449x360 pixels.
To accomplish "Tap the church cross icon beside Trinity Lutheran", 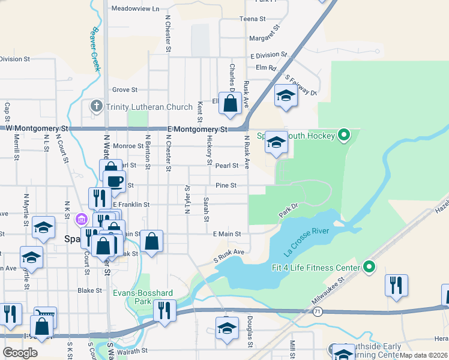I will click(96, 107).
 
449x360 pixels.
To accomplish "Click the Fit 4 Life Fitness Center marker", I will click(369, 267).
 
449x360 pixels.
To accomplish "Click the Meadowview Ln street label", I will click(136, 9).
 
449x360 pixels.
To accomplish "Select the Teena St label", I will click(253, 19).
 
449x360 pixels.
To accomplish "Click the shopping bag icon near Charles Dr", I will click(230, 104).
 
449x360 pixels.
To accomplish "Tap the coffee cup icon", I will click(114, 181).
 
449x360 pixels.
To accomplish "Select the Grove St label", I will click(125, 90).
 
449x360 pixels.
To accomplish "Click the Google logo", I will click(20, 352).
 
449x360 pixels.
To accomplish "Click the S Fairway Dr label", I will click(301, 85).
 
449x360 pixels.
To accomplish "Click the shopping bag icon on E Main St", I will click(152, 241).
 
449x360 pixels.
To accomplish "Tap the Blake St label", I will click(90, 290).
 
